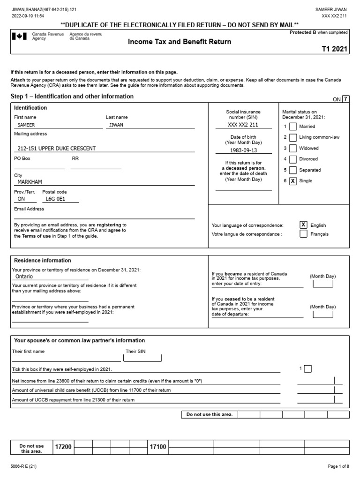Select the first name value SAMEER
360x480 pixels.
coord(26,125)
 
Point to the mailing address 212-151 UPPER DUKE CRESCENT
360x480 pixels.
coord(56,148)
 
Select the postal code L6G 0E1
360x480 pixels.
coord(55,199)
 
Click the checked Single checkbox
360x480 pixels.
coord(293,181)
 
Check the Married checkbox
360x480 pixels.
coord(293,126)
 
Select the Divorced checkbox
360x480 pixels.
coord(293,159)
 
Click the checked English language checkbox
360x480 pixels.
coord(303,225)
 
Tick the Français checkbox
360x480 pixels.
coord(303,234)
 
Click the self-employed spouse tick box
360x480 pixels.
coord(307,369)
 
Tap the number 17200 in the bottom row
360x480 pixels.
coord(63,447)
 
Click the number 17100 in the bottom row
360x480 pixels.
coord(158,447)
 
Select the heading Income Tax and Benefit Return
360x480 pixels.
coord(180,42)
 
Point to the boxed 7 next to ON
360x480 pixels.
coord(345,99)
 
